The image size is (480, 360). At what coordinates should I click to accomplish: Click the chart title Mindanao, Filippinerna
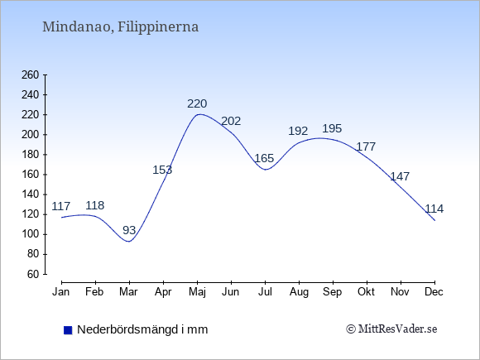[x=120, y=27]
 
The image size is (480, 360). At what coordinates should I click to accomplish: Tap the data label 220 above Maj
[x=197, y=103]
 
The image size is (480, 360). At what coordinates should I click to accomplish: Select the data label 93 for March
[x=129, y=230]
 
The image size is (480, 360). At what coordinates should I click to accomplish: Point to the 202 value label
[x=231, y=121]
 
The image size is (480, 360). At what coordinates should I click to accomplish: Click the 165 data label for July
[x=264, y=158]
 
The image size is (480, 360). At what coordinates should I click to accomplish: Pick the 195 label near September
[x=332, y=128]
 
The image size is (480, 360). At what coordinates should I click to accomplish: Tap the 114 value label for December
[x=434, y=209]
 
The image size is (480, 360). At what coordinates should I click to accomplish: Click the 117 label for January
[x=61, y=206]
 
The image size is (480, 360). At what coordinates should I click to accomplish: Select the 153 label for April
[x=162, y=170]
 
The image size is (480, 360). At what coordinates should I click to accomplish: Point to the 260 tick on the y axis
[x=31, y=74]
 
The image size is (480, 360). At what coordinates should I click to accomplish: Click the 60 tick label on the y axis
[x=33, y=274]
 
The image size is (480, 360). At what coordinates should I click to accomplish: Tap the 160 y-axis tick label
[x=31, y=175]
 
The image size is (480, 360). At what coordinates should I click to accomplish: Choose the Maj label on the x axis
[x=198, y=292]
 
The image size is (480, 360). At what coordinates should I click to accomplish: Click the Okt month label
[x=366, y=292]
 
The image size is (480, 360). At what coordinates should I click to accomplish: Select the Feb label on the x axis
[x=94, y=292]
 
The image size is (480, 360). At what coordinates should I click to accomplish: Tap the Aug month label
[x=299, y=292]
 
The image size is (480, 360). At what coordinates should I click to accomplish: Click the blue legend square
[x=68, y=330]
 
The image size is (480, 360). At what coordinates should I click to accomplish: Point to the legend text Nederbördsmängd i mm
[x=142, y=329]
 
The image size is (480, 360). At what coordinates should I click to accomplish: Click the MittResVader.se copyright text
[x=391, y=329]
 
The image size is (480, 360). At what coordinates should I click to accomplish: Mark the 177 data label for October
[x=366, y=147]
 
